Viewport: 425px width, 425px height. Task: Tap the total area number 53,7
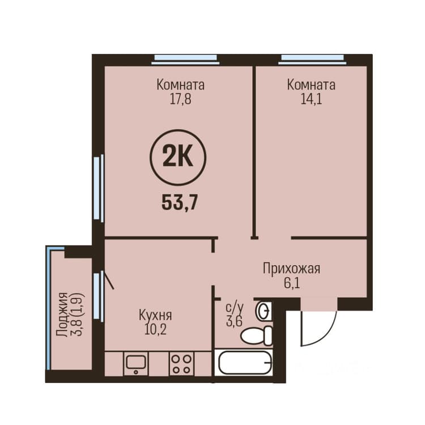tap(180, 203)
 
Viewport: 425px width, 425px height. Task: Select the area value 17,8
tap(180, 99)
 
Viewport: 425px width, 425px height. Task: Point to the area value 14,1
tap(311, 99)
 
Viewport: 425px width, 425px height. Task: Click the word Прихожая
tap(292, 269)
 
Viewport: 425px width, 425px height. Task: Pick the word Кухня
tap(155, 315)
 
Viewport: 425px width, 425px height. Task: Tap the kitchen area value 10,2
tap(155, 330)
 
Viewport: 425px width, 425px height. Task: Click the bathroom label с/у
tap(235, 308)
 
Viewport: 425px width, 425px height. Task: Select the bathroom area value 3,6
tap(234, 322)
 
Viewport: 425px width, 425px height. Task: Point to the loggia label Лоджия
tap(62, 314)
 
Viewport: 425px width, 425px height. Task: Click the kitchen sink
tap(136, 364)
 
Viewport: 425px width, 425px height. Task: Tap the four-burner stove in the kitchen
tap(182, 364)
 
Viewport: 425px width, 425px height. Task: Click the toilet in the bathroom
tap(256, 336)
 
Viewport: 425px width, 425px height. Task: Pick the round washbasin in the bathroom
tap(263, 311)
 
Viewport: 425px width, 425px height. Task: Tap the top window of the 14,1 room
tap(312, 59)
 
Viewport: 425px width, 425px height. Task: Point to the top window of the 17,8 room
tap(185, 59)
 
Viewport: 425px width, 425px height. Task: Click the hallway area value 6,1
tap(292, 283)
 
